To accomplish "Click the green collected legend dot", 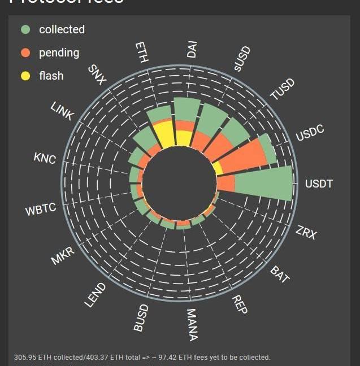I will pyautogui.click(x=25, y=29).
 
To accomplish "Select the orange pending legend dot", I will pyautogui.click(x=25, y=53).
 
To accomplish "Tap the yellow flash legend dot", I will pyautogui.click(x=25, y=76).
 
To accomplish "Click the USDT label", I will pyautogui.click(x=319, y=184).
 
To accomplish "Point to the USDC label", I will pyautogui.click(x=310, y=133).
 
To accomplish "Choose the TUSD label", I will pyautogui.click(x=282, y=90).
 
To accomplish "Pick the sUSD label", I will pyautogui.click(x=242, y=59).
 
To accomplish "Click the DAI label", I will pyautogui.click(x=192, y=49).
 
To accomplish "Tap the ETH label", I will pyautogui.click(x=142, y=53).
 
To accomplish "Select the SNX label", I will pyautogui.click(x=97, y=75).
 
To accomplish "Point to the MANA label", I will pyautogui.click(x=192, y=325).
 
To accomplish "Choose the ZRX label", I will pyautogui.click(x=306, y=232).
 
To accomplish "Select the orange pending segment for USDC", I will pyautogui.click(x=241, y=156).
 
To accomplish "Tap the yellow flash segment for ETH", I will pyautogui.click(x=164, y=134).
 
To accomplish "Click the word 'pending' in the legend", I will pyautogui.click(x=59, y=53).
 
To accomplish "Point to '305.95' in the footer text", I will pyautogui.click(x=25, y=358).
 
